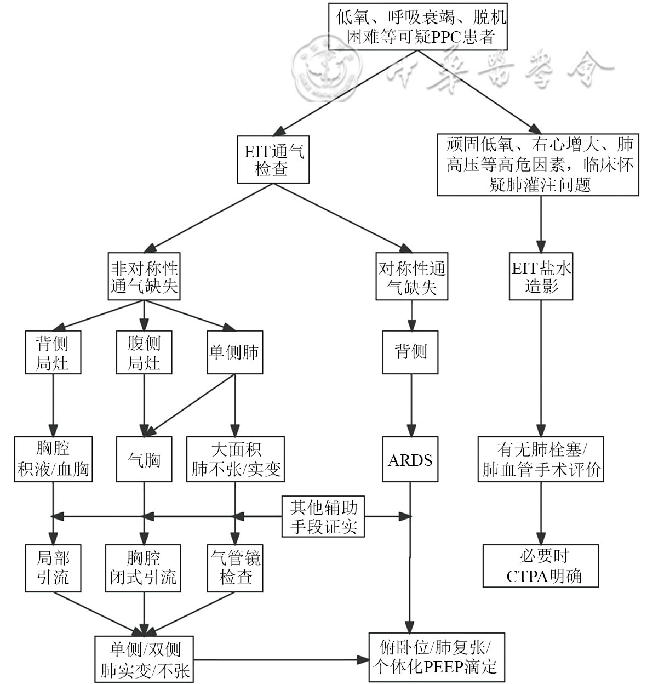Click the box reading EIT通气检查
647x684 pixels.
click(273, 159)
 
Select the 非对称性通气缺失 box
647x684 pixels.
click(145, 277)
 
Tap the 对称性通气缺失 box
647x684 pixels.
click(411, 277)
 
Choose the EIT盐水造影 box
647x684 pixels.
click(541, 277)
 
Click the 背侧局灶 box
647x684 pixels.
click(53, 352)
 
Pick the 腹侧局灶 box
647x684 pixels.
click(144, 352)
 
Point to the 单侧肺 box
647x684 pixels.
click(234, 352)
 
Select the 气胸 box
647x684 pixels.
click(144, 459)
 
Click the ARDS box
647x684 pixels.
click(410, 459)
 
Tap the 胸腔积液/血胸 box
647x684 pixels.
click(53, 459)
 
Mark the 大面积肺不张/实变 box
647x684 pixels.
click(236, 459)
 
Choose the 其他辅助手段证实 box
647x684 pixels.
click(323, 516)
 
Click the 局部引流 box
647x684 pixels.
click(53, 568)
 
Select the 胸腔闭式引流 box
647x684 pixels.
click(144, 568)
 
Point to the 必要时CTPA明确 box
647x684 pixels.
click(541, 566)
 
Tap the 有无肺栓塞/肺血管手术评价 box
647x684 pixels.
click(541, 459)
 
